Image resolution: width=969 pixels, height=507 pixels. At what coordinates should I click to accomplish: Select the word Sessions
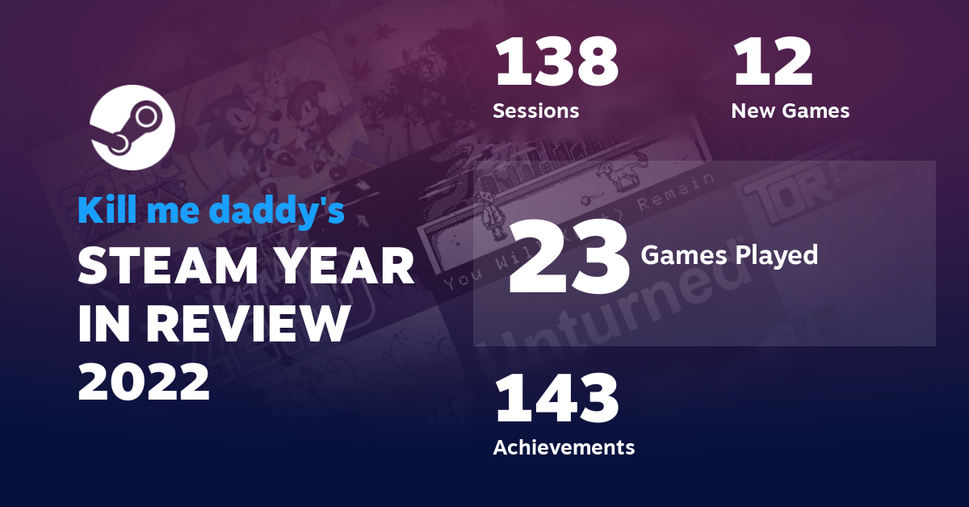pyautogui.click(x=535, y=111)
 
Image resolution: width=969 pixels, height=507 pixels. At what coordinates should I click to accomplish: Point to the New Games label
pyautogui.click(x=790, y=111)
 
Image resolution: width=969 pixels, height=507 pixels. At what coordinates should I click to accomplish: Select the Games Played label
pyautogui.click(x=729, y=255)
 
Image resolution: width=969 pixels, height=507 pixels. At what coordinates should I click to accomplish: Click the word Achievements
pyautogui.click(x=564, y=446)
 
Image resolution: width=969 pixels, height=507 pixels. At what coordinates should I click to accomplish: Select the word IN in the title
pyautogui.click(x=105, y=324)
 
